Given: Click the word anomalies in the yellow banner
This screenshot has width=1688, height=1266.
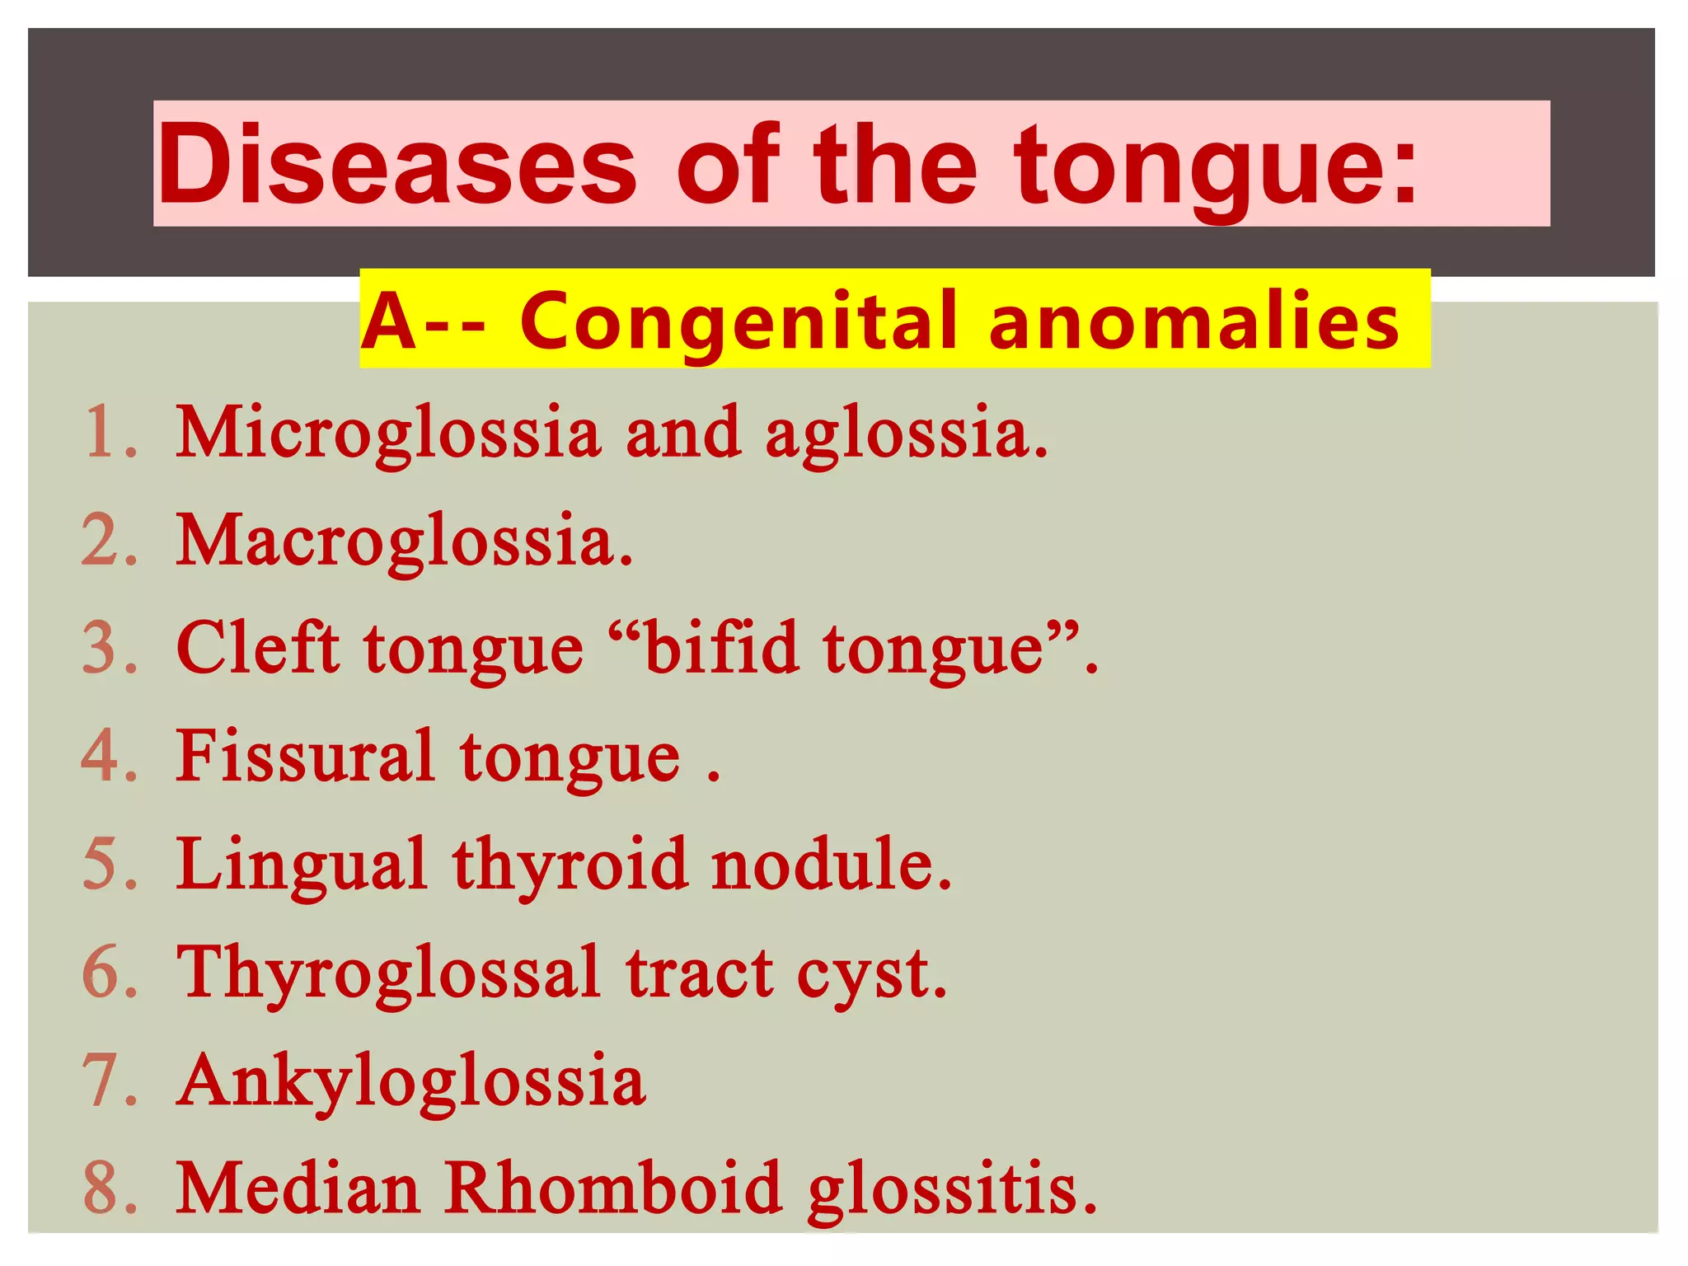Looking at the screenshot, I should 1194,321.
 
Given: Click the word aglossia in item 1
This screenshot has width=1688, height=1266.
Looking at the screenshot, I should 907,435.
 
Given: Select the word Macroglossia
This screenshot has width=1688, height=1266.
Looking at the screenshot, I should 405,542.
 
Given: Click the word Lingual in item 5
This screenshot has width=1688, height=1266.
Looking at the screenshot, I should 302,865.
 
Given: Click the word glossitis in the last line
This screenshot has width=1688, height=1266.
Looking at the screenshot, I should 952,1189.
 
